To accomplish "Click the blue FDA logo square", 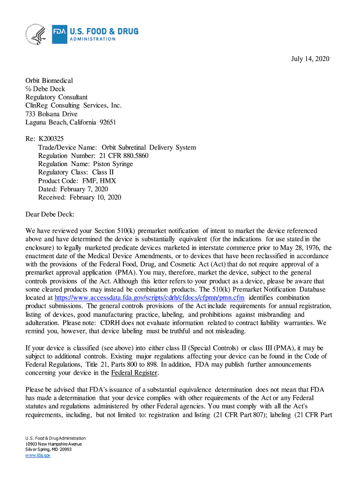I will click(59, 34).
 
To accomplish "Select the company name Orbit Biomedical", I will click(49, 80).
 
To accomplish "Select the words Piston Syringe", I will click(113, 164).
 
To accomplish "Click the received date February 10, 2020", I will click(95, 197).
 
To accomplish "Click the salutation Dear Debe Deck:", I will click(50, 214).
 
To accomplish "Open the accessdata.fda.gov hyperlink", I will click(150, 298).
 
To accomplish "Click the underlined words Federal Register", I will click(135, 373).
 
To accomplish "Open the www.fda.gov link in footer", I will click(38, 455).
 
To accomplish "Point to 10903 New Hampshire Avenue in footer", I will click(54, 444).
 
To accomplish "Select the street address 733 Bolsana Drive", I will click(51, 114).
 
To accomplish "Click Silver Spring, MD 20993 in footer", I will click(49, 450).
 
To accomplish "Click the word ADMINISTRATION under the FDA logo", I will click(92, 39).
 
